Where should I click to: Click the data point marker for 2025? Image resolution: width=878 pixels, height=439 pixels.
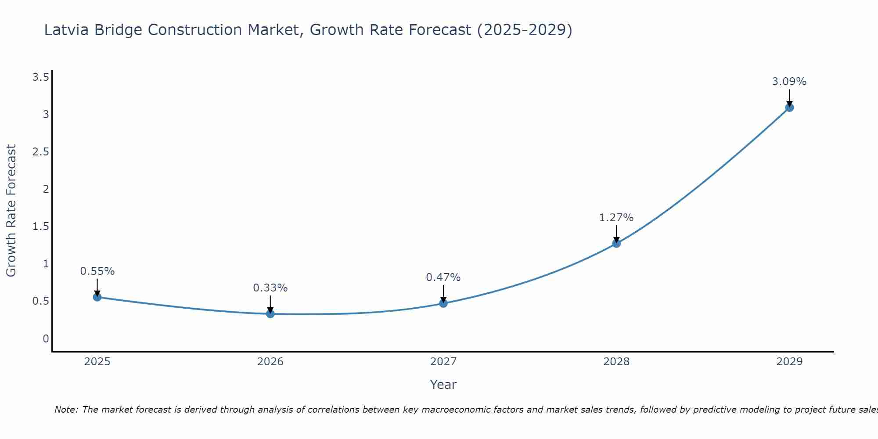[x=97, y=297]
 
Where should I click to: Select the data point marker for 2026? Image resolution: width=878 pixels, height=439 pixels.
[x=270, y=314]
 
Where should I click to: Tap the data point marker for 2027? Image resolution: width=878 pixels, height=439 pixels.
[x=443, y=303]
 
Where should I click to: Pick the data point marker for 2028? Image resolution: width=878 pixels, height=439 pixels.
[x=616, y=243]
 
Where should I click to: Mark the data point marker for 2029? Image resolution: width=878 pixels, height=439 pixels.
[x=789, y=108]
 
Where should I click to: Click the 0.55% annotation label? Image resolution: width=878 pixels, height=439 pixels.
[x=97, y=271]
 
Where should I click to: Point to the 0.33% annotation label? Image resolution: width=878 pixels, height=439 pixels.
[x=270, y=288]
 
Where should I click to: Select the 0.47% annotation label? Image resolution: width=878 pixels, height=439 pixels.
[x=443, y=277]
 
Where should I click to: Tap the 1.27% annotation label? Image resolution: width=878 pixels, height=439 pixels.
[x=616, y=218]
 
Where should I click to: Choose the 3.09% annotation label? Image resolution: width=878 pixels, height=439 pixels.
[x=789, y=82]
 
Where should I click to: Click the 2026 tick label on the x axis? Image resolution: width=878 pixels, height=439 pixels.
[x=270, y=362]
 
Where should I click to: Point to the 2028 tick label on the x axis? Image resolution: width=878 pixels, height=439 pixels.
[x=616, y=362]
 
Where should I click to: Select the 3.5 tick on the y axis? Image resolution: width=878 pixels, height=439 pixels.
[x=40, y=78]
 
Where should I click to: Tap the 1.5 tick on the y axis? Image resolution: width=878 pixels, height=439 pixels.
[x=40, y=227]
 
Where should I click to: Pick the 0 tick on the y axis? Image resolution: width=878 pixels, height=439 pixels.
[x=46, y=338]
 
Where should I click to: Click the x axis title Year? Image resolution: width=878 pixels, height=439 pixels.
[x=443, y=385]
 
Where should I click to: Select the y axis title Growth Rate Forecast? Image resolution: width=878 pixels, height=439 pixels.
[x=11, y=211]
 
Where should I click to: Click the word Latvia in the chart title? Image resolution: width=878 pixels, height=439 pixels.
[x=67, y=30]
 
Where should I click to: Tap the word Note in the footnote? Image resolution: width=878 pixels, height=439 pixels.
[x=66, y=410]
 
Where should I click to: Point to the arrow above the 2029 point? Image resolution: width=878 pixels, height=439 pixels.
[x=789, y=98]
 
